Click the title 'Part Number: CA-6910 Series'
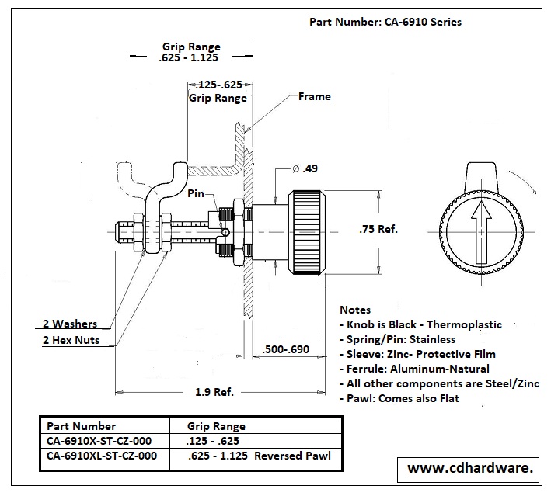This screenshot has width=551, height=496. pyautogui.click(x=385, y=22)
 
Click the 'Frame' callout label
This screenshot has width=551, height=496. pyautogui.click(x=314, y=96)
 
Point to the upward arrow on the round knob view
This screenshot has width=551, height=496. pyautogui.click(x=482, y=230)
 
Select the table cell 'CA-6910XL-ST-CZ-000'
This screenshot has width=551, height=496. pyautogui.click(x=102, y=456)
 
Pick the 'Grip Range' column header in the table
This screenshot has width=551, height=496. pyautogui.click(x=216, y=426)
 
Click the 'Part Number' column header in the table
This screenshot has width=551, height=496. pyautogui.click(x=81, y=426)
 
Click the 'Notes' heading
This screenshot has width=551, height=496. pyautogui.click(x=356, y=310)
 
